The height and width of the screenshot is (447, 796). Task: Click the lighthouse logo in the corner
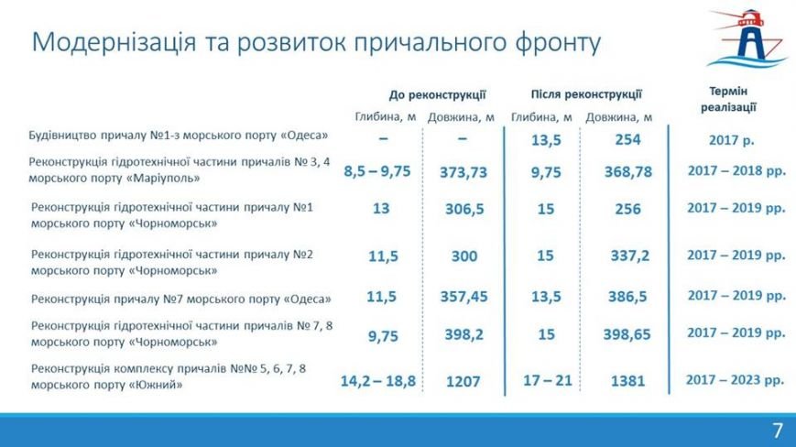pos(747,38)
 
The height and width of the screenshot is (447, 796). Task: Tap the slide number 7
pos(778,431)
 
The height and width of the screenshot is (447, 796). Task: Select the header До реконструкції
pos(437,95)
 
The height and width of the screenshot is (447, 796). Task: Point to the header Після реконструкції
pos(586,94)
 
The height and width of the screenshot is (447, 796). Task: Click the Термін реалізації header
pos(728,99)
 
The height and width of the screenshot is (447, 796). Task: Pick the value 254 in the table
pos(627,139)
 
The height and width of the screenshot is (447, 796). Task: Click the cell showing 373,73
pos(463,172)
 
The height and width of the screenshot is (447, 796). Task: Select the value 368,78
pos(628,172)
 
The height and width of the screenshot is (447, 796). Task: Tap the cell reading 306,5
pos(464,209)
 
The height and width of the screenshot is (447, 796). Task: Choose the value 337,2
pos(629,256)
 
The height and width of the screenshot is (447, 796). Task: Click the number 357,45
pos(463,296)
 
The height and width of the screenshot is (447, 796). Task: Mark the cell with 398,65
pos(627,334)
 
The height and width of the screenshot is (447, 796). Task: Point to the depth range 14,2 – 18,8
pos(378,381)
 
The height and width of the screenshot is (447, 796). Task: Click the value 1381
pos(627,381)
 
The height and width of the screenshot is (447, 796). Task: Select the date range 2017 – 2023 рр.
pos(735,380)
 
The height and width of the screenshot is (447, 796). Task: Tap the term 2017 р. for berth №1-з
pos(732,140)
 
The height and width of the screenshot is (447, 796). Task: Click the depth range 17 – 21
pos(547,380)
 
